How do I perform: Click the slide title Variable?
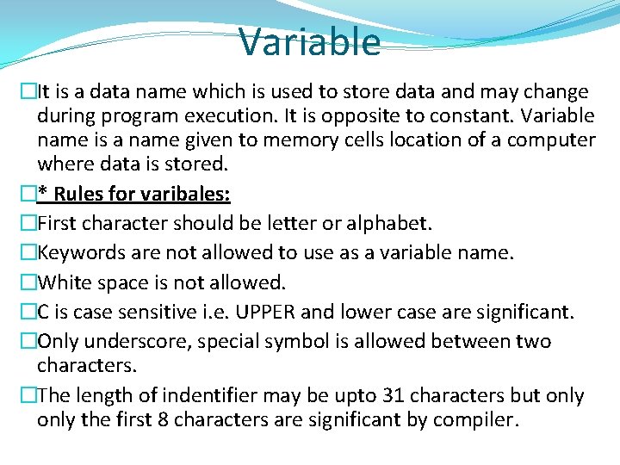(309, 41)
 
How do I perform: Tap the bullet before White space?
(29, 282)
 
